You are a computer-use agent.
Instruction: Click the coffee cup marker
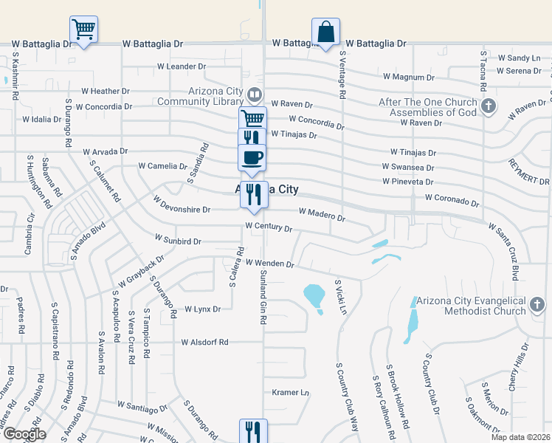tap(252, 157)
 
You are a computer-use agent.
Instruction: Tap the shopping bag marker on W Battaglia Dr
tap(325, 32)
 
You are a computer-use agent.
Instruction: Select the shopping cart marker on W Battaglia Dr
tap(83, 30)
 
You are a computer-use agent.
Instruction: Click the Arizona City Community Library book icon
tap(254, 94)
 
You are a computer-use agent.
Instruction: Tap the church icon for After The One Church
tap(488, 107)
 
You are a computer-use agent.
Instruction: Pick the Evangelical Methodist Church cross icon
tap(537, 305)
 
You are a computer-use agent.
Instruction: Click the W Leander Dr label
tap(182, 66)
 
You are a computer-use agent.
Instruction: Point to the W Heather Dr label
tap(106, 92)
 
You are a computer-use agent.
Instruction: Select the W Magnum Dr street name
tap(408, 77)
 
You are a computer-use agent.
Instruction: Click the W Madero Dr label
tap(321, 214)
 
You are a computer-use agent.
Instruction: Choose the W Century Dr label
tap(269, 228)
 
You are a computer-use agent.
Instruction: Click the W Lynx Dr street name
tap(202, 309)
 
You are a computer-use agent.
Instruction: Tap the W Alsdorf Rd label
tap(204, 343)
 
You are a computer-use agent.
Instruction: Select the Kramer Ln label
tap(290, 392)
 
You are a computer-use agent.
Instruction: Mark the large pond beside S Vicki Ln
tap(314, 297)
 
